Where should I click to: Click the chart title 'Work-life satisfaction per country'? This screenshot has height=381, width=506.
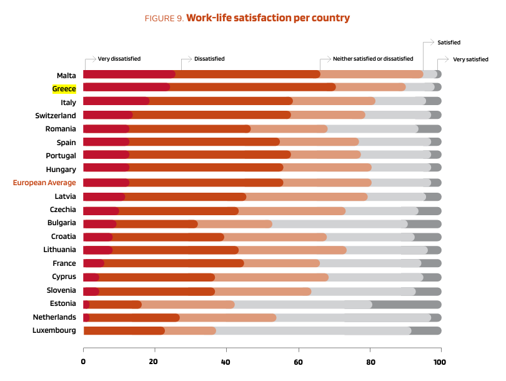(x=267, y=18)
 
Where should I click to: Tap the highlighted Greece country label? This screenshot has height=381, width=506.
(x=64, y=89)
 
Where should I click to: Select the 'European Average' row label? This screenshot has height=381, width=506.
(x=44, y=183)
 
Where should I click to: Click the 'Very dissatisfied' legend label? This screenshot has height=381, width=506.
(x=119, y=59)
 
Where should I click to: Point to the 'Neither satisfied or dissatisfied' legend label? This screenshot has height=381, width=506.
(x=372, y=59)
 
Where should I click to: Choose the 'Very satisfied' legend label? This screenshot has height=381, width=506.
(x=470, y=59)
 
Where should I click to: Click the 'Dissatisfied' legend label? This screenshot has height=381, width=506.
(x=209, y=59)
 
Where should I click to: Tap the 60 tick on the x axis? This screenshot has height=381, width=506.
(x=298, y=361)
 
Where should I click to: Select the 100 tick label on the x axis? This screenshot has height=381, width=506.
(x=441, y=361)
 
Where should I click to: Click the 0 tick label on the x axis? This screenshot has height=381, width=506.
(x=83, y=361)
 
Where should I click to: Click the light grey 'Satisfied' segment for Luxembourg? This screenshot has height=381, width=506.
(x=312, y=331)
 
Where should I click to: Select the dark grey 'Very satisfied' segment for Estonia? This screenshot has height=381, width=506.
(x=407, y=305)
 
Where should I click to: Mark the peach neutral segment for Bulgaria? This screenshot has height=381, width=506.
(x=234, y=224)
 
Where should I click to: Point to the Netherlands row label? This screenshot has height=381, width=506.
(x=54, y=317)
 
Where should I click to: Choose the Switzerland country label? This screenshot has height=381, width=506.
(x=56, y=116)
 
